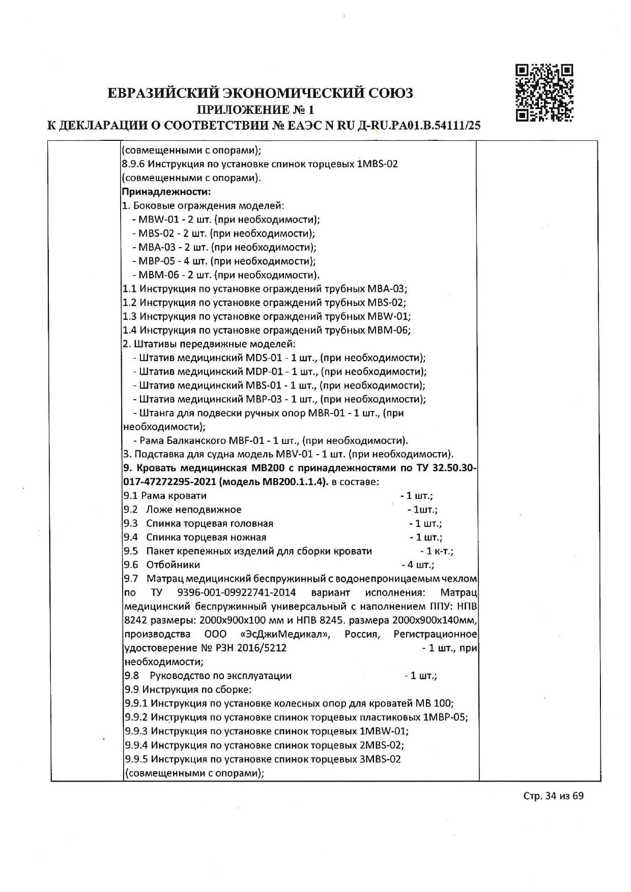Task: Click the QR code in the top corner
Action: click(x=544, y=93)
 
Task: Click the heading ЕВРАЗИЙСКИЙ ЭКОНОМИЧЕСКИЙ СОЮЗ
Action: click(x=261, y=93)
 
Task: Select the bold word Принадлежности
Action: click(x=166, y=192)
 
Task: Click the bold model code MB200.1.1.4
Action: click(x=292, y=482)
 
